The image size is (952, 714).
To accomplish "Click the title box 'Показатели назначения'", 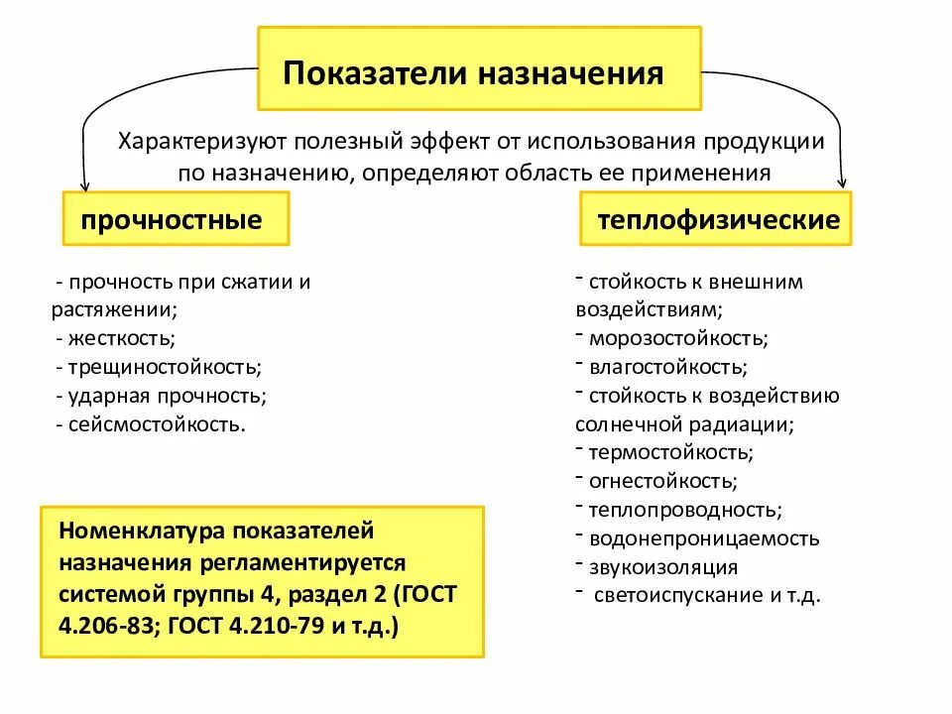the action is point(479,68).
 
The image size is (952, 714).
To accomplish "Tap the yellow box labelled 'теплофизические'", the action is point(716,219).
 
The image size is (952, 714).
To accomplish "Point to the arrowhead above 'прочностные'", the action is point(84,184).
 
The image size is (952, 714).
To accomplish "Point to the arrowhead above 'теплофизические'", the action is point(843,182).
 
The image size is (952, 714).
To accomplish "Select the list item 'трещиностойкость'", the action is point(165,367).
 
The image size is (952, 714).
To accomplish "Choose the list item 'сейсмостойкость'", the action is point(157,424).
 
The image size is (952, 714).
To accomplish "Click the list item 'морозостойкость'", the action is point(677,338).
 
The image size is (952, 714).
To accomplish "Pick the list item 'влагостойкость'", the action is point(667,367).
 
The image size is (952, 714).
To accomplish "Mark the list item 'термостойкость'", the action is point(670,453).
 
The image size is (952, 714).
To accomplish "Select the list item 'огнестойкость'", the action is point(662,482).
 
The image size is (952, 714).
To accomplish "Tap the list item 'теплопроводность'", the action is point(685,511).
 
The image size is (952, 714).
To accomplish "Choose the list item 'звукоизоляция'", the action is point(662,568).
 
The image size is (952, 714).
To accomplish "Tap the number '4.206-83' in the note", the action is point(104,627).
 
